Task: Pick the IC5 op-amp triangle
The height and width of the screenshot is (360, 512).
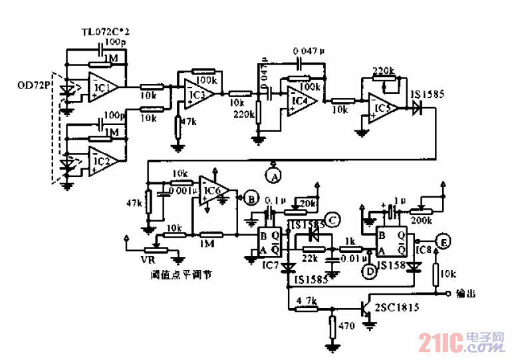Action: tap(382, 106)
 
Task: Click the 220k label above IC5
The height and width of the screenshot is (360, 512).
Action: tap(383, 71)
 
